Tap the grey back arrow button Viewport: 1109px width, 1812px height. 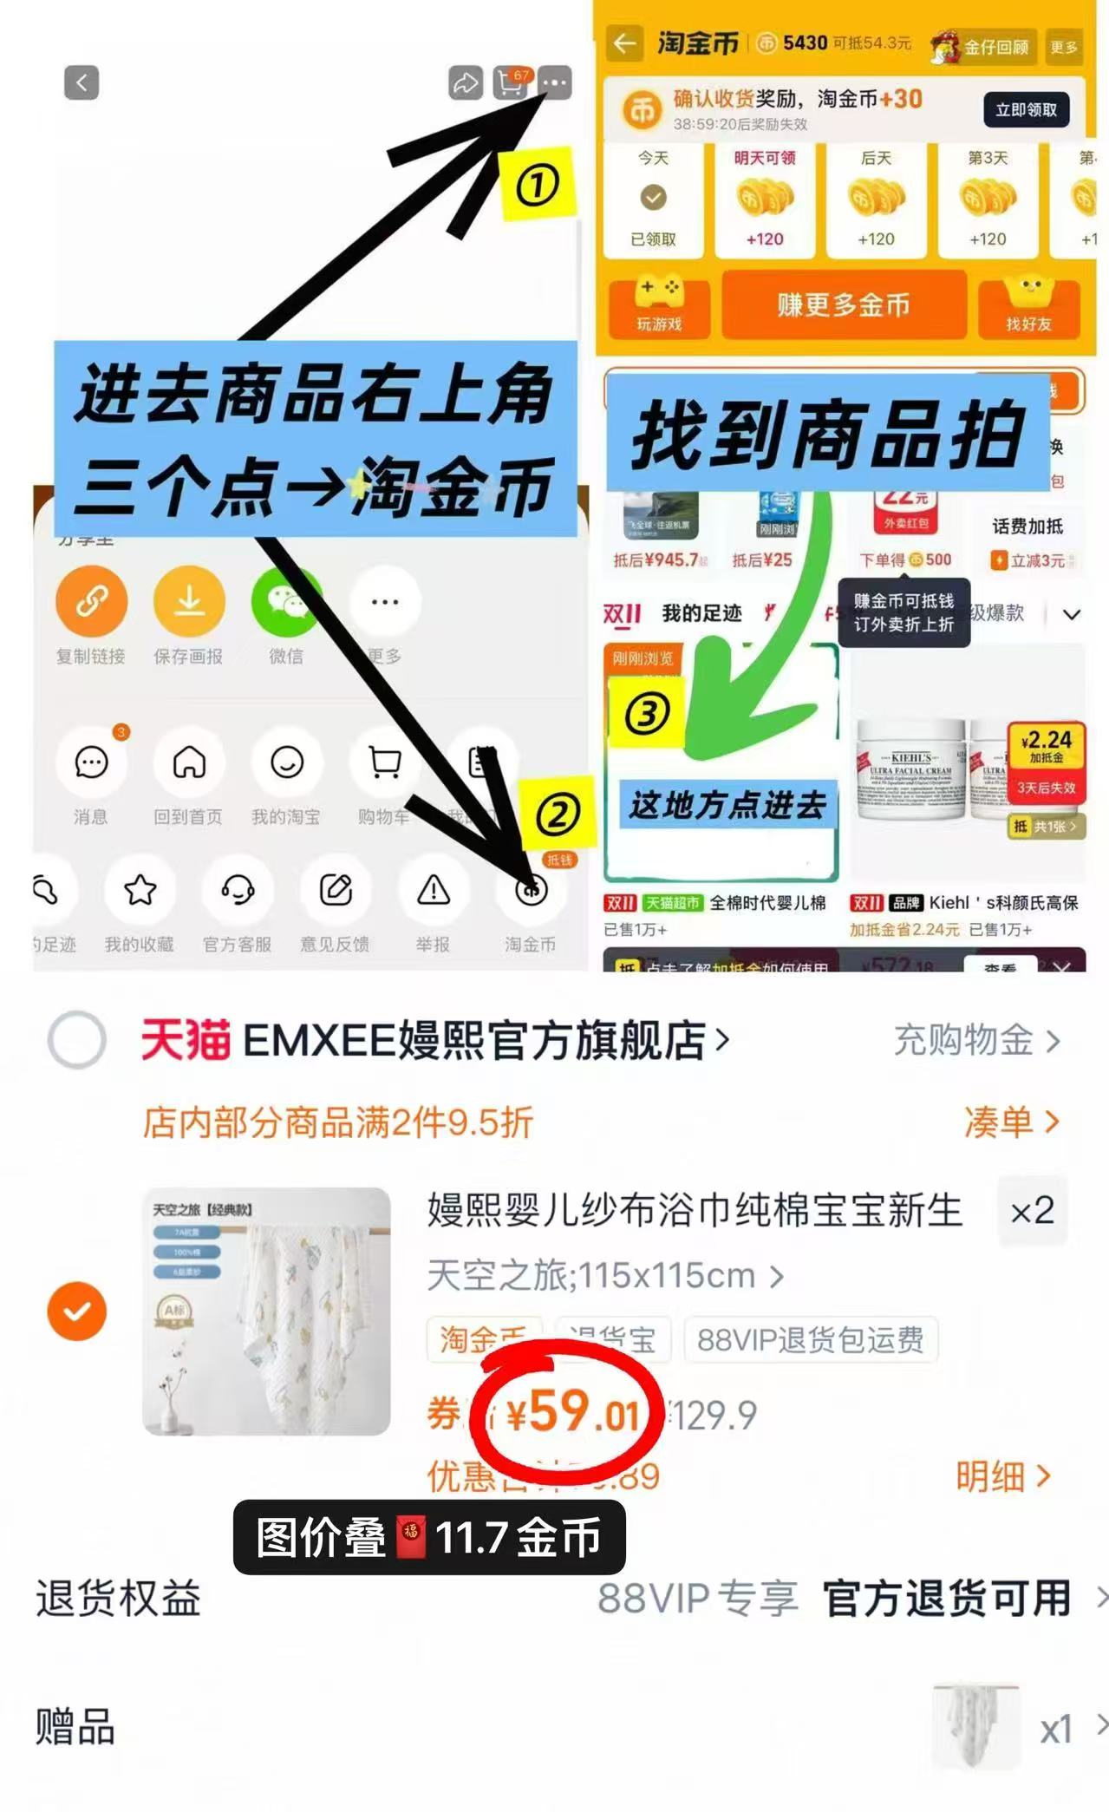82,83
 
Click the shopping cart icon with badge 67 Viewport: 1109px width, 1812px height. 511,82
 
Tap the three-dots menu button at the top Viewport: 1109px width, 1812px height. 555,83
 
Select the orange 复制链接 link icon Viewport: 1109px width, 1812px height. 91,601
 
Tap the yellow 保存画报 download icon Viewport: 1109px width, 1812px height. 189,601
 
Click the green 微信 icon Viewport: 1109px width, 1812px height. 286,601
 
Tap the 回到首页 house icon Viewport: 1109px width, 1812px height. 189,762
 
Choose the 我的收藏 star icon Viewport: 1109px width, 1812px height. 140,890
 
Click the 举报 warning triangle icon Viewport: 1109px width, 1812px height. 433,890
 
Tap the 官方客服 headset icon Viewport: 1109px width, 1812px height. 238,890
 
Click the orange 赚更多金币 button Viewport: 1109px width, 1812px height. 844,305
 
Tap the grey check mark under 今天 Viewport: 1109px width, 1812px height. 653,198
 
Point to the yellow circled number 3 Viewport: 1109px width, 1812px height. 647,714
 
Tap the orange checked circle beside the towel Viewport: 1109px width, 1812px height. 77,1311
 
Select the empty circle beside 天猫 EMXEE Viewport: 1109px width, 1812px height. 77,1039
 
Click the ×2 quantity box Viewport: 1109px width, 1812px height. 1032,1211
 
